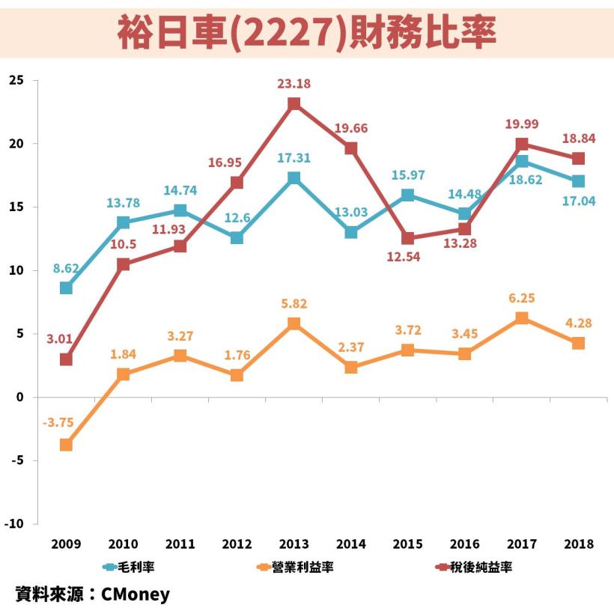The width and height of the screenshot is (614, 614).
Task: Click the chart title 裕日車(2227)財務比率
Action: pos(307,32)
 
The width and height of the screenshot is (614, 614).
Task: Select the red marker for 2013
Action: pos(294,103)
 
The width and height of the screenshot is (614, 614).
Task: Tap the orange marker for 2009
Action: pos(67,445)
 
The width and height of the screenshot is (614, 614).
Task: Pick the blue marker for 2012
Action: pos(237,237)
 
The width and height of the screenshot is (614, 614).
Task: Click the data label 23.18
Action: pos(294,84)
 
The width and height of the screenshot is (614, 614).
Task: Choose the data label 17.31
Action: pos(294,158)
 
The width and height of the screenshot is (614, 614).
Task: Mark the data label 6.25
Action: pos(521,297)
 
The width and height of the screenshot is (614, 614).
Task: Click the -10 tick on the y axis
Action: pos(14,524)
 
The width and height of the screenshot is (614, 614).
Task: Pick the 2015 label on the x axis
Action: pos(408,544)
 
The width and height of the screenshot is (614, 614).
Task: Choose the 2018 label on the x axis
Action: pos(579,544)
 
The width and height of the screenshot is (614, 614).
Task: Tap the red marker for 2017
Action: pos(522,144)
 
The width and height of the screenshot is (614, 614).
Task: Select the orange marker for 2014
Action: pos(351,367)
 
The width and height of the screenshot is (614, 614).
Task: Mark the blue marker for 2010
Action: pos(124,222)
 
